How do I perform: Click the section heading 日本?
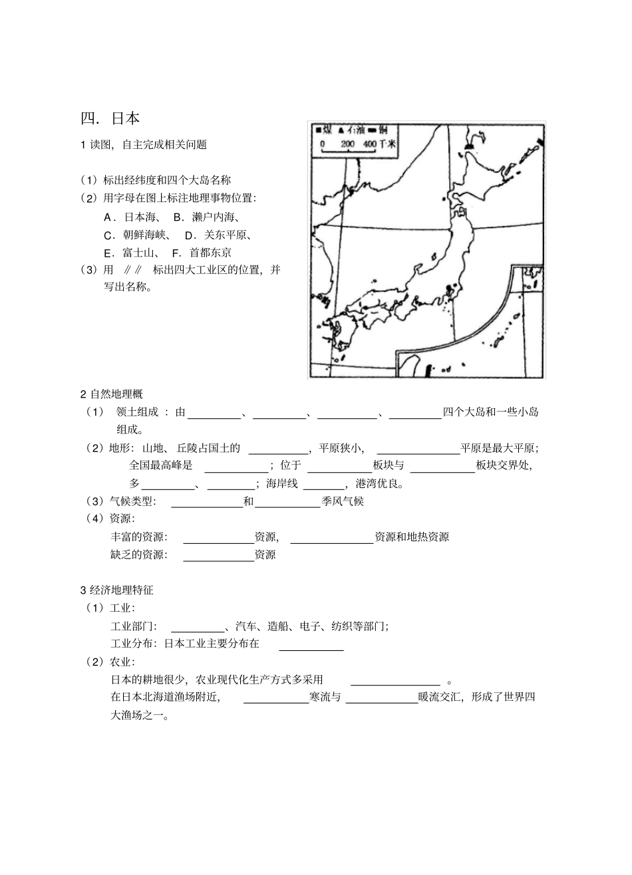coord(125,118)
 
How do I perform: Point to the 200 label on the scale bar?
coord(347,144)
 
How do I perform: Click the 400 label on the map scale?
coord(370,144)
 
